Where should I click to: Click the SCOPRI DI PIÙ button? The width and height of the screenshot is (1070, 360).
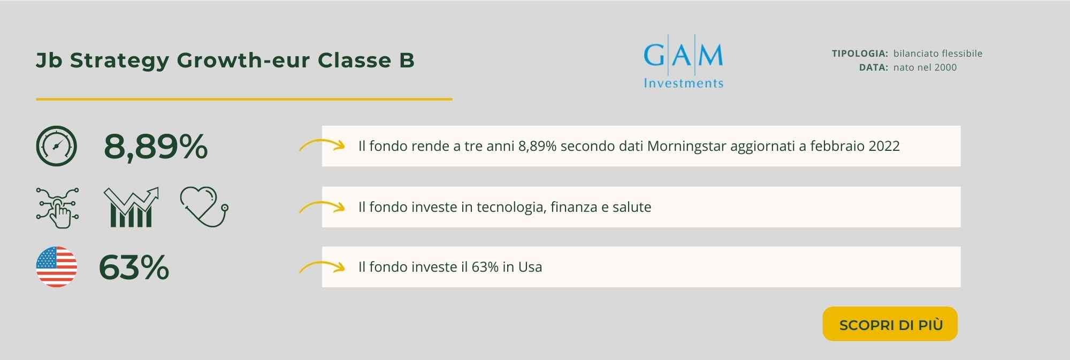tap(890, 324)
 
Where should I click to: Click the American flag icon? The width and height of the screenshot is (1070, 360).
tap(57, 267)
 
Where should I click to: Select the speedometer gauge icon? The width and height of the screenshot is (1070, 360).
tap(57, 146)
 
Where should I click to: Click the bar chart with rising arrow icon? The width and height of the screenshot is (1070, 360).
tap(131, 207)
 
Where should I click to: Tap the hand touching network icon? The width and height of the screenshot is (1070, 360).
tap(58, 208)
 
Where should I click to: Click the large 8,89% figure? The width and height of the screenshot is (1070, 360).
tap(156, 147)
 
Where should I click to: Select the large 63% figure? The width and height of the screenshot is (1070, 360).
tap(134, 267)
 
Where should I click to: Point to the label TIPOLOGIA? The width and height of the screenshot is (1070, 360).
tap(860, 53)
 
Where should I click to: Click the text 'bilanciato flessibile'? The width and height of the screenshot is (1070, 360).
tap(938, 53)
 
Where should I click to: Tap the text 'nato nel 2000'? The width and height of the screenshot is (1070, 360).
tap(925, 67)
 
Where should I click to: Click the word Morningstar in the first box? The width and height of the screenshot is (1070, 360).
tap(686, 147)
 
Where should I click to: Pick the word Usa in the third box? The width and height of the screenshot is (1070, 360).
tap(530, 267)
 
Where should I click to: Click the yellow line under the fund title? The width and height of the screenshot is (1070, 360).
tap(244, 99)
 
